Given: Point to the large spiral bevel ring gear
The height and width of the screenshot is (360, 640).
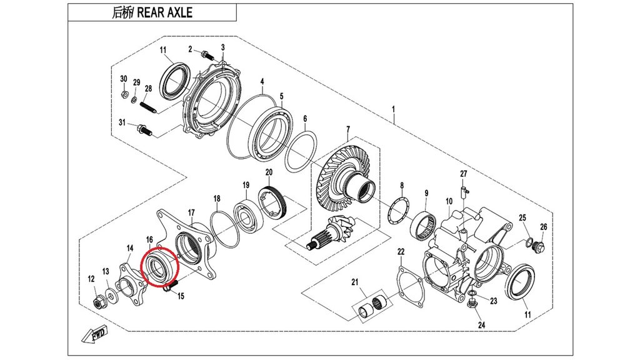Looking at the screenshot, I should tap(345, 182).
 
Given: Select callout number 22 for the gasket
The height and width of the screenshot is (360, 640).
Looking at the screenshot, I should tap(401, 252).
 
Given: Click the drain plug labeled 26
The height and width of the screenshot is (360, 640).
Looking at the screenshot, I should tap(541, 248).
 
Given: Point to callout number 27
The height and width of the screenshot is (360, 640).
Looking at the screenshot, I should tap(464, 173).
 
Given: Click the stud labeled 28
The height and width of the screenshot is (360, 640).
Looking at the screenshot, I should tap(148, 107).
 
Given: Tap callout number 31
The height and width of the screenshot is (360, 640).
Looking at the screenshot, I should tap(122, 122).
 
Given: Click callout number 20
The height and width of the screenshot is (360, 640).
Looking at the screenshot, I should tap(269, 172).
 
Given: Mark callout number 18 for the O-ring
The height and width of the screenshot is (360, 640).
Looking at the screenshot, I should tap(216, 199).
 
